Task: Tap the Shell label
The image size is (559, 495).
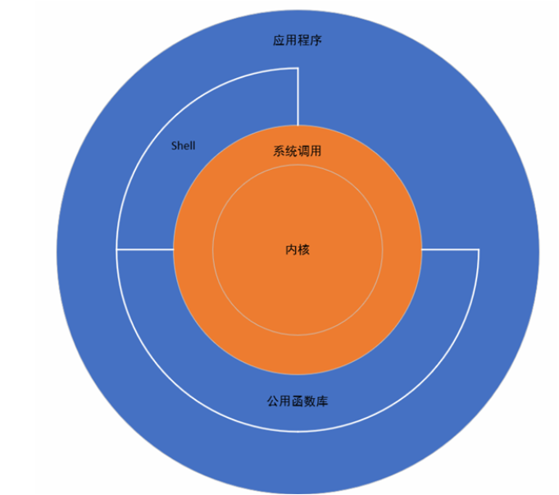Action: (x=183, y=145)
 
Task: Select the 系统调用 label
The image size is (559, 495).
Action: (x=297, y=151)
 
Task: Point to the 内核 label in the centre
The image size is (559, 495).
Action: (x=297, y=250)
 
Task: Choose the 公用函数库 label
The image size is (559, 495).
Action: (x=297, y=402)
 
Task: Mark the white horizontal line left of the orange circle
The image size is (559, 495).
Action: (x=145, y=249)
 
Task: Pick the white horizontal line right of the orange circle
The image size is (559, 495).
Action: (x=449, y=250)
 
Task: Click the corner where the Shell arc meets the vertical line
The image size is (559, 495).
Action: (x=298, y=68)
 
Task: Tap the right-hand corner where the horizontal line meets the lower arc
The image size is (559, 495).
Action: (x=478, y=250)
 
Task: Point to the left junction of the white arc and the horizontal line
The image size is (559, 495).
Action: (x=117, y=249)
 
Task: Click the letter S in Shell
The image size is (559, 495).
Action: (x=173, y=145)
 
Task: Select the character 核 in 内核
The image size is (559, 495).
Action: (x=303, y=250)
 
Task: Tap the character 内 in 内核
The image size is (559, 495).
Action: (x=291, y=250)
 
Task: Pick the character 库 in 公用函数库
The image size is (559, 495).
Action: (x=322, y=402)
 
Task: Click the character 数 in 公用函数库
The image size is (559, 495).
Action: (x=310, y=402)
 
